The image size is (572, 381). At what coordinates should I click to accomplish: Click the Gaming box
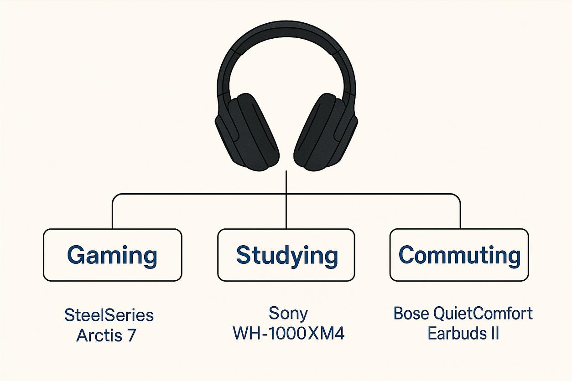112,255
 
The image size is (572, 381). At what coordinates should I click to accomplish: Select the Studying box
286,255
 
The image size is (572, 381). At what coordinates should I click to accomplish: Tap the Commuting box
459,255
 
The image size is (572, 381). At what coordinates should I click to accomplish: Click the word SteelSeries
109,315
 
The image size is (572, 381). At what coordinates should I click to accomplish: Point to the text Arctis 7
106,335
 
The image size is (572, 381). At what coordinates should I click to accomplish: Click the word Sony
288,314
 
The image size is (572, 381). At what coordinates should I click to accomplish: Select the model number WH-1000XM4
288,334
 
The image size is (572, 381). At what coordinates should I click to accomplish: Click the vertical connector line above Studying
286,201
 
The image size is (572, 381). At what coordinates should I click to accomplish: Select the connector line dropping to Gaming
113,214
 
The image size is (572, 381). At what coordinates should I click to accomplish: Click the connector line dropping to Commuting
460,214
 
